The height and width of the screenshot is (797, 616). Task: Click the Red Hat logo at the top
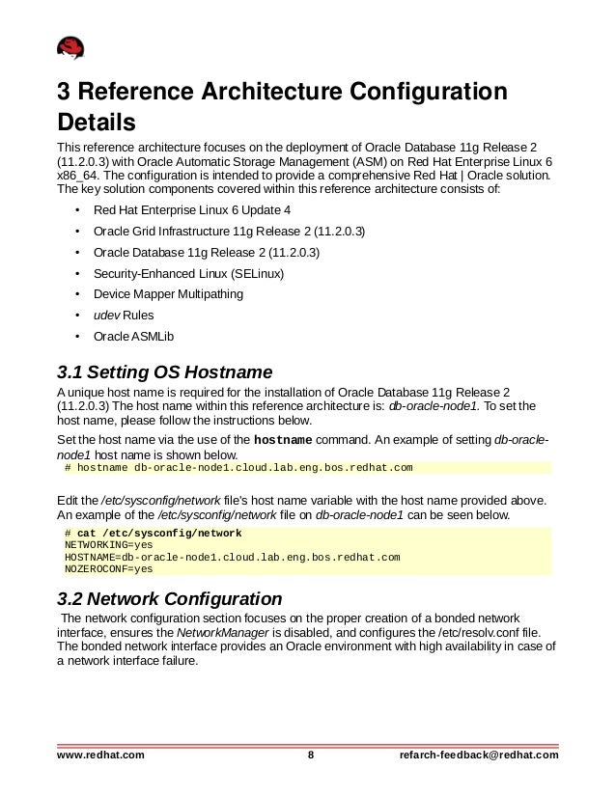tap(70, 47)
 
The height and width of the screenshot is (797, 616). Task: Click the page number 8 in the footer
tap(310, 754)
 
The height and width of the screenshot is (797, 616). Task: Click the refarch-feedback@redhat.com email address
tap(479, 754)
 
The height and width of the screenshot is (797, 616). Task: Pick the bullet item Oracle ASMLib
tap(133, 336)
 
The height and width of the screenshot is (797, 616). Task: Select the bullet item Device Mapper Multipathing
tap(168, 293)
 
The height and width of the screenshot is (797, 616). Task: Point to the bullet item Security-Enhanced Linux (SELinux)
tap(188, 272)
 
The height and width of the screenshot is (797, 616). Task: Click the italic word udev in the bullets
tap(106, 315)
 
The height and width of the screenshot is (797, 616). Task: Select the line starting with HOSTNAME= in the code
tap(232, 558)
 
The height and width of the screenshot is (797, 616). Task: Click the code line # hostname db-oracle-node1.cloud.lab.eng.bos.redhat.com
tap(238, 468)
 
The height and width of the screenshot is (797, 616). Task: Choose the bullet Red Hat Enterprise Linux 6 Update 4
tap(191, 208)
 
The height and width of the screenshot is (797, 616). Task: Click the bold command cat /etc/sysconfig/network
tap(159, 533)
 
